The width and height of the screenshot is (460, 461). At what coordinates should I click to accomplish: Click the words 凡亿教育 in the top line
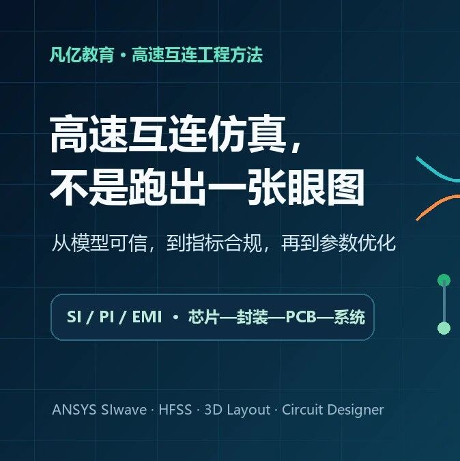[x=82, y=55]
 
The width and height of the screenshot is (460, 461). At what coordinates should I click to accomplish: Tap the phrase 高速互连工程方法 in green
[x=197, y=55]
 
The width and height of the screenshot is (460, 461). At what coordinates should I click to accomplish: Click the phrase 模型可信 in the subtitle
[x=109, y=243]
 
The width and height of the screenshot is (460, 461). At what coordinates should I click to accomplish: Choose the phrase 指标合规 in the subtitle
[x=214, y=243]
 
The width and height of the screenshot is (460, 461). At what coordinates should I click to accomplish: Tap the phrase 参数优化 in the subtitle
[x=358, y=243]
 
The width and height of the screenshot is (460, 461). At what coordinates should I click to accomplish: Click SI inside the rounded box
[x=74, y=317]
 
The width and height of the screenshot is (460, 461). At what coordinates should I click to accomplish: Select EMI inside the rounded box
[x=147, y=317]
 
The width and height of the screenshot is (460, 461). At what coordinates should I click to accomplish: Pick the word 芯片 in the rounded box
[x=203, y=317]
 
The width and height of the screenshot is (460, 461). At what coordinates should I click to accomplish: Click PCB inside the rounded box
[x=300, y=317]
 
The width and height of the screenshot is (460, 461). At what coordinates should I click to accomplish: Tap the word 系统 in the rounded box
[x=349, y=317]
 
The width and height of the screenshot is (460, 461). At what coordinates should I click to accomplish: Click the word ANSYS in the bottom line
[x=74, y=410]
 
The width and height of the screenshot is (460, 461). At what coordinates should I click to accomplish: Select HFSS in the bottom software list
[x=175, y=410]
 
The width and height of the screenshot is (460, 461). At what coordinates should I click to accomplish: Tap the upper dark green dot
[x=444, y=280]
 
